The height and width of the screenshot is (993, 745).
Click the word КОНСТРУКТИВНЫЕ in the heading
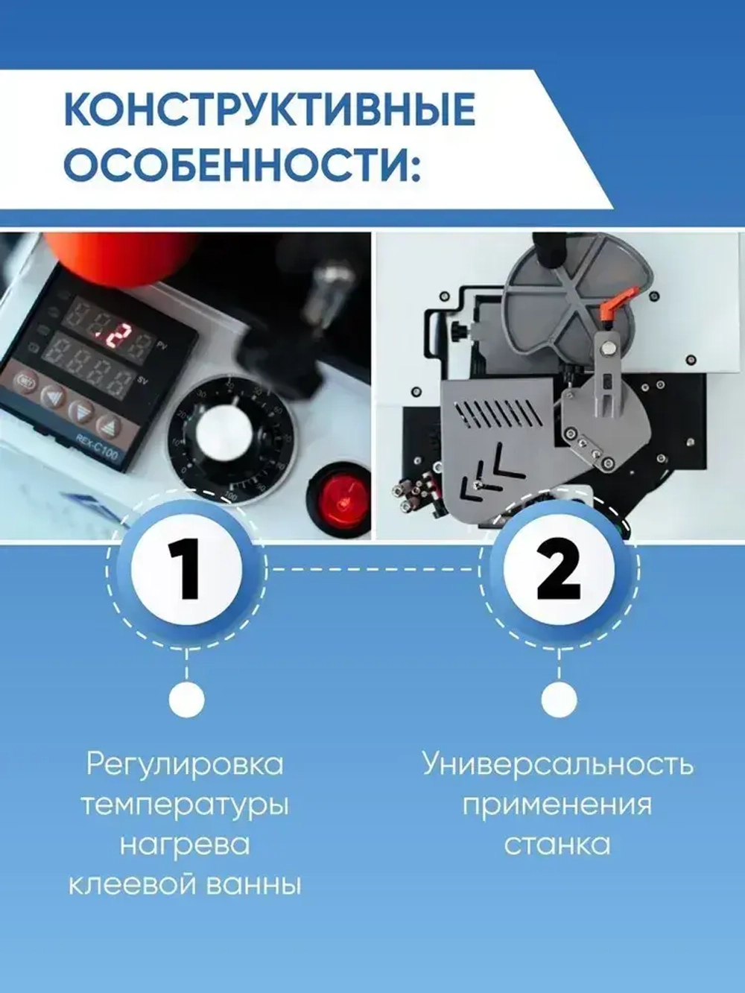[269, 111]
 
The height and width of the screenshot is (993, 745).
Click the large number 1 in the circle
[186, 570]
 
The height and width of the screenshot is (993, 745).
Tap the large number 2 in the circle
[558, 570]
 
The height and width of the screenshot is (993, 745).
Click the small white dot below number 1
[186, 699]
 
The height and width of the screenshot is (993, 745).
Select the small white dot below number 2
[558, 699]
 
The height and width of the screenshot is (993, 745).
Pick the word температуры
[185, 805]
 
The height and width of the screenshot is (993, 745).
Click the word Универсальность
[558, 765]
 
